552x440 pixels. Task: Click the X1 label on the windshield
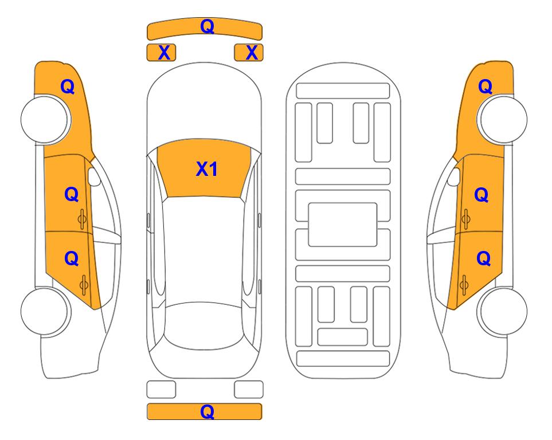[x=207, y=169]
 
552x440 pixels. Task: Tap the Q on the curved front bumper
[x=207, y=26]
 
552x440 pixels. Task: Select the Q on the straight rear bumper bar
[x=207, y=411]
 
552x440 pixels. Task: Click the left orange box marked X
[x=161, y=53]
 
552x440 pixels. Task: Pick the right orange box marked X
[x=249, y=53]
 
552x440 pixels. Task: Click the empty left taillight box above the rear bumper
[x=161, y=390]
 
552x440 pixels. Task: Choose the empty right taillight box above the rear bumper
[x=249, y=390]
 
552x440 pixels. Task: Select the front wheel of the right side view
[x=502, y=119]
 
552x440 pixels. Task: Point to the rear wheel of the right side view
[x=502, y=312]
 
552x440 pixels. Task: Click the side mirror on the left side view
[x=94, y=176]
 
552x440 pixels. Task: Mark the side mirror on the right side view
[x=454, y=176]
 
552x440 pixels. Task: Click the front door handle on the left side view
[x=83, y=219]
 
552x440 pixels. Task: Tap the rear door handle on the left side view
[x=84, y=285]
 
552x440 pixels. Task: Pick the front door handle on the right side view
[x=466, y=219]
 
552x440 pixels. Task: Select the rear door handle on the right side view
[x=464, y=285]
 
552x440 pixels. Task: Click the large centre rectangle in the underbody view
[x=343, y=225]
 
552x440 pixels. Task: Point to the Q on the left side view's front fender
[x=68, y=87]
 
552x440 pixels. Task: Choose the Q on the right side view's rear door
[x=484, y=259]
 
